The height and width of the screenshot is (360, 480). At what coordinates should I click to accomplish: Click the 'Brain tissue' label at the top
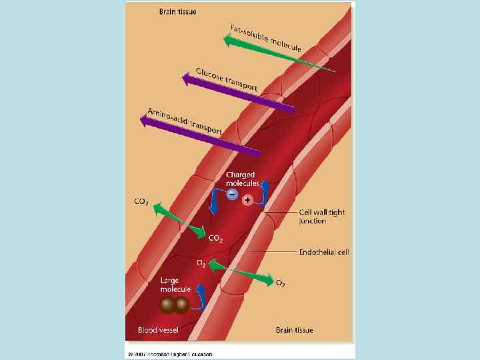pos(177,11)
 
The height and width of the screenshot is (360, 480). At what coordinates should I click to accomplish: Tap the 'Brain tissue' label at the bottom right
pos(294,330)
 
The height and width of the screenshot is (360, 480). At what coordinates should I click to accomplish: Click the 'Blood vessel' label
pos(157,330)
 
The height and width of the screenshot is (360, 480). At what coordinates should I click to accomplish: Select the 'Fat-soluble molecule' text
pos(266,38)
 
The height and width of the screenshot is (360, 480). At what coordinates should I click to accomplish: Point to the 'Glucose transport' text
pos(227,79)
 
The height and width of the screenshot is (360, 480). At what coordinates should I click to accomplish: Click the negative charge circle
pos(231,194)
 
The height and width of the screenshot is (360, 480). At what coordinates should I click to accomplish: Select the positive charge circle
pos(247,199)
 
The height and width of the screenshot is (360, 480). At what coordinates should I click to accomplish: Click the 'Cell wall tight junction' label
pos(321,217)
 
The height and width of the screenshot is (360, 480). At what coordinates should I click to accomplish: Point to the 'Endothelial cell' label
pos(324,252)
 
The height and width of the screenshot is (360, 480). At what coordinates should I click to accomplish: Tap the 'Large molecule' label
pos(175,285)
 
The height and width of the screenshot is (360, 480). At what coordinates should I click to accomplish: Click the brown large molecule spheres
pos(174,305)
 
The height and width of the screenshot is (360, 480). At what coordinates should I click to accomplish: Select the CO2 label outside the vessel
pos(141,201)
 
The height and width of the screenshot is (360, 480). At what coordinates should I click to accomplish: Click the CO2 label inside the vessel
pos(216,238)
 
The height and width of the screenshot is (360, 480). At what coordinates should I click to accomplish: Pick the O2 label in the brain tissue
pos(281,283)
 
